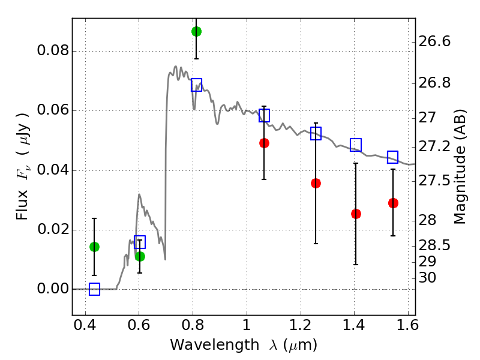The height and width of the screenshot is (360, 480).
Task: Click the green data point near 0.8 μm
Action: [196, 31]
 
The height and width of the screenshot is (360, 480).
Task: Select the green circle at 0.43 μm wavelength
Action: [94, 247]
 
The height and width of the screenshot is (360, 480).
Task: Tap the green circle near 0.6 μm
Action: [140, 256]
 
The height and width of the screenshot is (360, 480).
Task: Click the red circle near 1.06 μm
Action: [264, 143]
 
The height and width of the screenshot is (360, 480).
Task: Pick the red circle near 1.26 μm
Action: [316, 183]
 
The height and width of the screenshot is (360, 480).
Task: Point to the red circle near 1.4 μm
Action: [356, 214]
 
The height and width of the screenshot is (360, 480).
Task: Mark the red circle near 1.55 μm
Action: [393, 203]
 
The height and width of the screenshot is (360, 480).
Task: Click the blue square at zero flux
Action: [94, 289]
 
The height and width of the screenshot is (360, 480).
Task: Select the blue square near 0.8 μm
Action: [196, 85]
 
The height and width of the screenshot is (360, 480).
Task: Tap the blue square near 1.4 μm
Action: [356, 145]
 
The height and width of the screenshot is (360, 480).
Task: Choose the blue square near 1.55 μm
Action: [393, 157]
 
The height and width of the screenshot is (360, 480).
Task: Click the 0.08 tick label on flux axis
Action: [52, 51]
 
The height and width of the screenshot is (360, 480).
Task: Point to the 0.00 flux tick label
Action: [52, 289]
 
